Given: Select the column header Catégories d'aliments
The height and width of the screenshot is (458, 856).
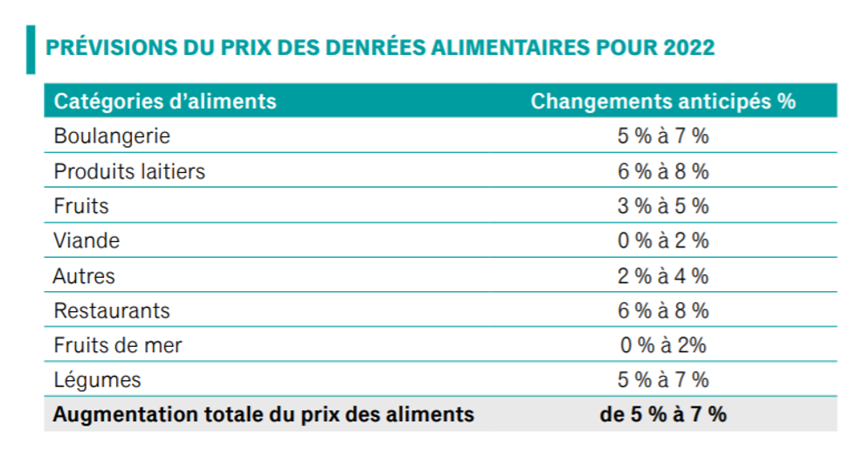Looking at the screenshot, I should (165, 101).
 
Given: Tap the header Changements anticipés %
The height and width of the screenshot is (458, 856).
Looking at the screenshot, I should (663, 101).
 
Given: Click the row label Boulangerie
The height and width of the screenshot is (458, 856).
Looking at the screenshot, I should (112, 136).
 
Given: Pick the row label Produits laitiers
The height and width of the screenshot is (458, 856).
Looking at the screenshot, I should (129, 171).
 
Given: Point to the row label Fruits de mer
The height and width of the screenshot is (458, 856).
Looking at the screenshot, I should (118, 345).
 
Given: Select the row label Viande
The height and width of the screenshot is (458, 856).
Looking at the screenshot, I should (86, 240).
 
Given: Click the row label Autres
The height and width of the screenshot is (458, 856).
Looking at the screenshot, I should (84, 276).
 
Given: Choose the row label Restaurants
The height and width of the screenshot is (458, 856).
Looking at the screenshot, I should (112, 310).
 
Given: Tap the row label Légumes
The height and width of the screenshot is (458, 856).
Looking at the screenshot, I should (97, 380).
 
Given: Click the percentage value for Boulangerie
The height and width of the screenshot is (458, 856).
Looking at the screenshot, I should (663, 136).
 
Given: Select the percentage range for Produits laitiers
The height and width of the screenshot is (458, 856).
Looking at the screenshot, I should (663, 171).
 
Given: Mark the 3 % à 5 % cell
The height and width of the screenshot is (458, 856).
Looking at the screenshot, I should (663, 206).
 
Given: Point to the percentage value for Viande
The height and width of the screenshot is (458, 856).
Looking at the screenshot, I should (663, 240).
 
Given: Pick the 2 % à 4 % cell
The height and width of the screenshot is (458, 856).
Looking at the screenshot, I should (663, 276).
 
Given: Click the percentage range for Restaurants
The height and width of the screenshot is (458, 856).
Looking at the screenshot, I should (663, 310).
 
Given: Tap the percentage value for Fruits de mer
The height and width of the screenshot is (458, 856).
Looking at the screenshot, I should (663, 345).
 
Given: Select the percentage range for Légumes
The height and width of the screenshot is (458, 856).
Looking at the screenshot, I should (663, 380).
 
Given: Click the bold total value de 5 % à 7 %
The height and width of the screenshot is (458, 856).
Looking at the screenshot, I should (663, 414).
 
